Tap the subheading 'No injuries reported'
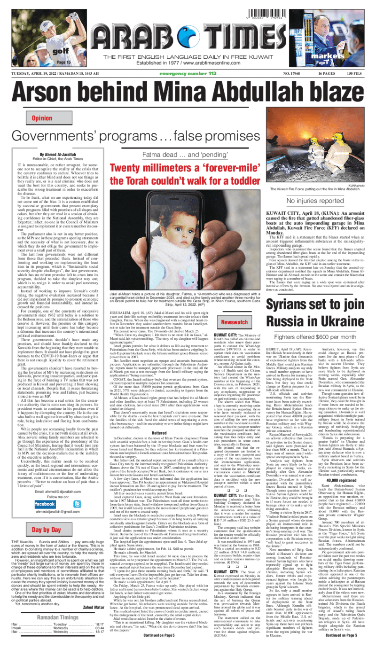pyautogui.click(x=320, y=201)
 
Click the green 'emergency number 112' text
pyautogui.click(x=188, y=74)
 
